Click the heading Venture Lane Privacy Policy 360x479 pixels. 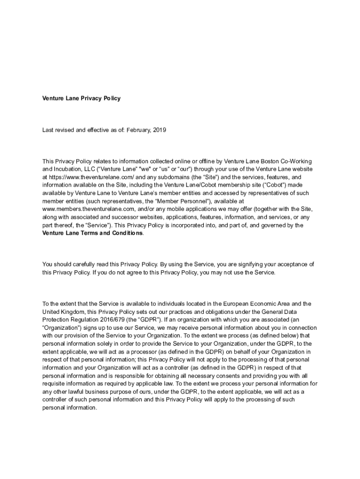(x=81, y=98)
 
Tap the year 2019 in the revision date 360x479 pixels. (x=159, y=130)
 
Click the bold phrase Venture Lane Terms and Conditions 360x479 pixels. (x=92, y=233)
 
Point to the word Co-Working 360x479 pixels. (x=294, y=161)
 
